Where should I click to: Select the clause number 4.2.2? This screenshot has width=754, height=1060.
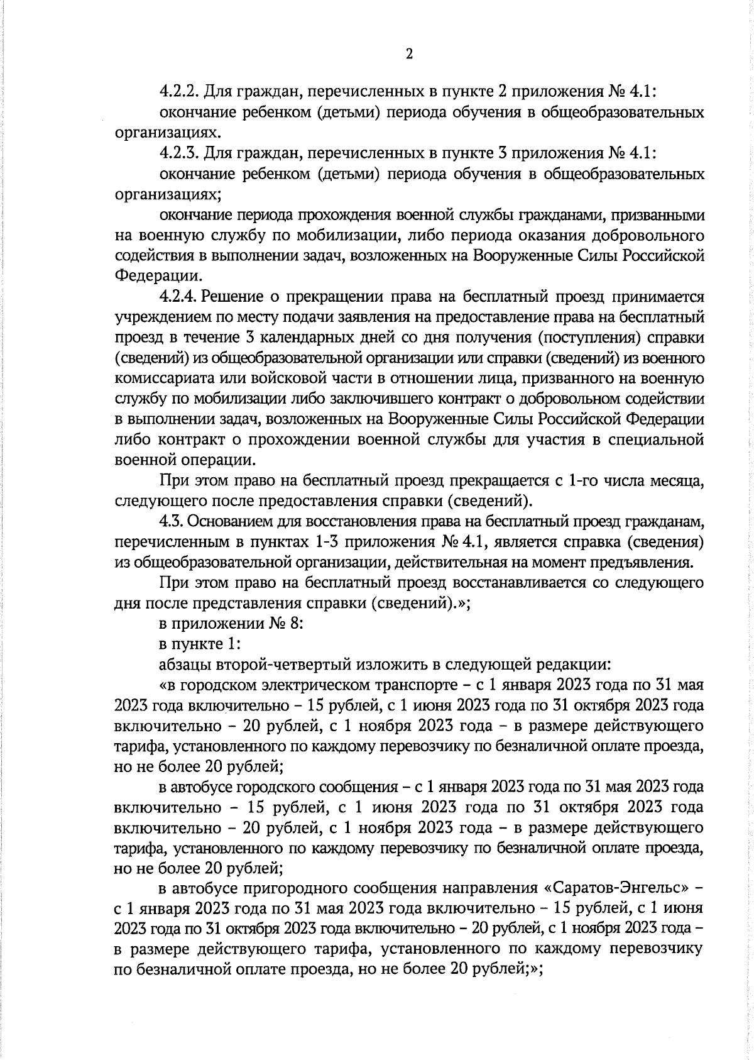[179, 92]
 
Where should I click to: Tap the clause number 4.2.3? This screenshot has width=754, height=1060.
[179, 153]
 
